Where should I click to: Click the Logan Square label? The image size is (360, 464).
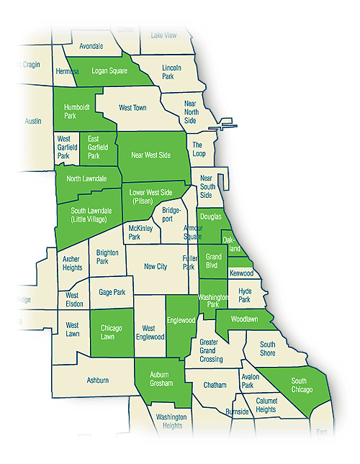point(109,72)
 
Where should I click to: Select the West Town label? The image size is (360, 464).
point(132,108)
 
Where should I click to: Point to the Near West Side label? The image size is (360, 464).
point(150,155)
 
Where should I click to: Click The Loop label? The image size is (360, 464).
point(199,150)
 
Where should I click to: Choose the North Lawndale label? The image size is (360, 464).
point(86,178)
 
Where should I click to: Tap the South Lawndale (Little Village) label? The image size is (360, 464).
point(87,213)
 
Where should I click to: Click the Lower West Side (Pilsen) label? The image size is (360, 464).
point(151,197)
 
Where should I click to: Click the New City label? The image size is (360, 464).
point(156,266)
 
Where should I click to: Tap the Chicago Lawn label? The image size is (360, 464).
point(111,332)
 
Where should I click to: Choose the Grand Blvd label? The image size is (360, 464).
point(214,260)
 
